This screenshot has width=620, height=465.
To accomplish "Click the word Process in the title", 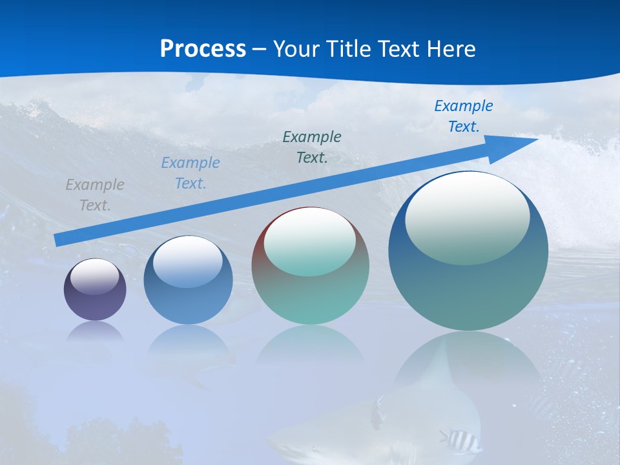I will click(203, 49).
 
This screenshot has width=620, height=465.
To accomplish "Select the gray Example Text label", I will click(95, 195).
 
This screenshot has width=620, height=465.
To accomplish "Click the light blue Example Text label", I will click(191, 173).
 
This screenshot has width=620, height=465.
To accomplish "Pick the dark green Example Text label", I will click(312, 147).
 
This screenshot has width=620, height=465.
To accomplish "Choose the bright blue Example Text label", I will click(464, 116).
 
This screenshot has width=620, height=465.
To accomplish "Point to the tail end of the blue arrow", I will click(57, 240).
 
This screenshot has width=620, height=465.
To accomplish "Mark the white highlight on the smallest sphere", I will click(95, 276).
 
